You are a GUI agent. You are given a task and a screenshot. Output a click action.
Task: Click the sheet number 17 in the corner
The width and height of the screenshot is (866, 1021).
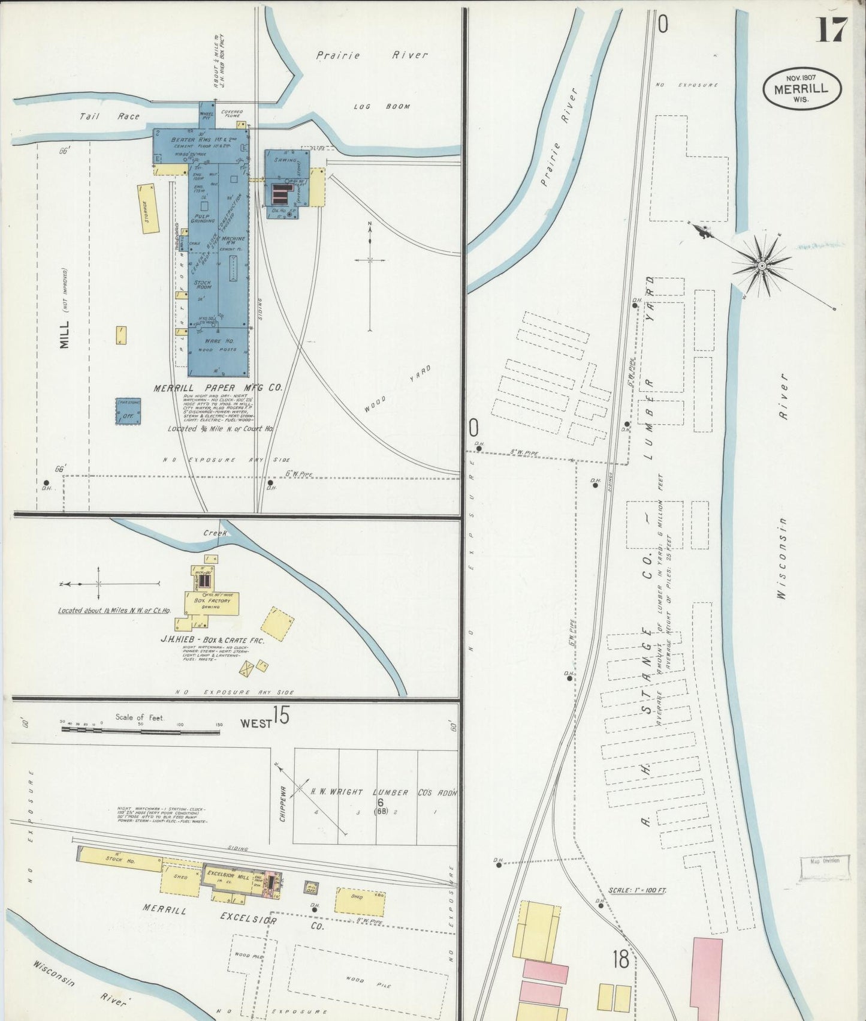pos(832,29)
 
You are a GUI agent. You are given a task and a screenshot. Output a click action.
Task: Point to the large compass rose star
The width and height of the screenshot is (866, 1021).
pos(761,265)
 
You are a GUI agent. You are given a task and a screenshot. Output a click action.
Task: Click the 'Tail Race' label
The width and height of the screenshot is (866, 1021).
pos(109,116)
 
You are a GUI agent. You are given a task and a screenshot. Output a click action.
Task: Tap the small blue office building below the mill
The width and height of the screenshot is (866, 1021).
pos(128,412)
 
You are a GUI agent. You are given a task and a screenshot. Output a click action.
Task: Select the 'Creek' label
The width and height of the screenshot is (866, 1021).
pos(212,532)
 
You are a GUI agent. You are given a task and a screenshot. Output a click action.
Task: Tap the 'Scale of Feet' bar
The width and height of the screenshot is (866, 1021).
pos(140,729)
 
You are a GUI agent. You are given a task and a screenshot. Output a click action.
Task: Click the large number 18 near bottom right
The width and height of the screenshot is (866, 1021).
pos(620,959)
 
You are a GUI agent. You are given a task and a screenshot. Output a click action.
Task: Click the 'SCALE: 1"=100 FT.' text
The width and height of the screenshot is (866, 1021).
pos(636,890)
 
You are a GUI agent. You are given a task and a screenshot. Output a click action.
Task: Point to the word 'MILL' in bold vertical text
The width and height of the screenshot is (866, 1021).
pos(65,334)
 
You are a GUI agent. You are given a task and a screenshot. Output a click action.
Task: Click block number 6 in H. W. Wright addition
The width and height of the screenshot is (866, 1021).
pos(380,801)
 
